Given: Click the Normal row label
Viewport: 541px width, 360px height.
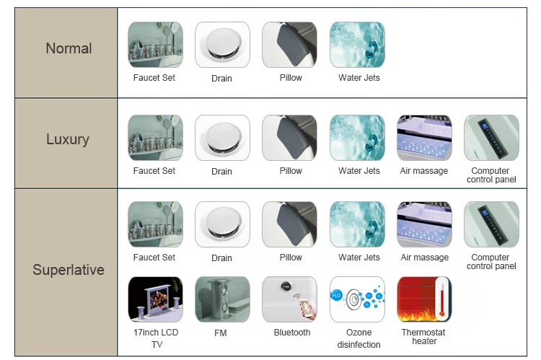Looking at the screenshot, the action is pos(69,48).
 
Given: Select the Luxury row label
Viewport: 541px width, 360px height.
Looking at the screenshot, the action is pos(68,139).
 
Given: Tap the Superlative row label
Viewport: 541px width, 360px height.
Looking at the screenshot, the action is pos(69,270).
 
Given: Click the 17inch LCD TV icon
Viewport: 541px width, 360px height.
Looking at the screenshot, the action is pos(155,299).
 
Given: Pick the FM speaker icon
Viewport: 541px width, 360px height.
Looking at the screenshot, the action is pos(222,299).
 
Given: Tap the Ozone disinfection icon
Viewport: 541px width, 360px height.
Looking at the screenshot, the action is pos(357,299).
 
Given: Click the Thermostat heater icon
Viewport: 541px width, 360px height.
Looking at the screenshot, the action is pos(424,299).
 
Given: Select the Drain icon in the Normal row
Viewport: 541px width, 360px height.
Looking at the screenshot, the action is pos(222,45).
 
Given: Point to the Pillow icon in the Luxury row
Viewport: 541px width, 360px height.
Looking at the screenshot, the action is pos(290,138).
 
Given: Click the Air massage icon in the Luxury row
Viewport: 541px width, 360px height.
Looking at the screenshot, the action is pos(424,138).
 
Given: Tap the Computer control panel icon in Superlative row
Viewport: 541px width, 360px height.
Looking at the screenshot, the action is pos(491,224).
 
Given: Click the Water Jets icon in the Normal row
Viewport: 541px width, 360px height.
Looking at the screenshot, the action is pos(357,45).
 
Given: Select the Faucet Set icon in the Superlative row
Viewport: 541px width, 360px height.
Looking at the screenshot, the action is pos(155,224).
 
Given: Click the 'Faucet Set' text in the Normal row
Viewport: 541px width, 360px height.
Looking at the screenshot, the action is pos(154,78).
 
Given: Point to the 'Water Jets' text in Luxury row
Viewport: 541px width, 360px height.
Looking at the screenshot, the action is pos(359,171).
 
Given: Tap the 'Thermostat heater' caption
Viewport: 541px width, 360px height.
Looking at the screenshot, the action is pos(423,337).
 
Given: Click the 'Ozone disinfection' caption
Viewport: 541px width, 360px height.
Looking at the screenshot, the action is pos(359,338).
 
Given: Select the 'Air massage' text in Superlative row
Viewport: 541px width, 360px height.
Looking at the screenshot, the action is pos(424,258).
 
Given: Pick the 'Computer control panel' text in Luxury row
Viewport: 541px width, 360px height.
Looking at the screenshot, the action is pos(491,175).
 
